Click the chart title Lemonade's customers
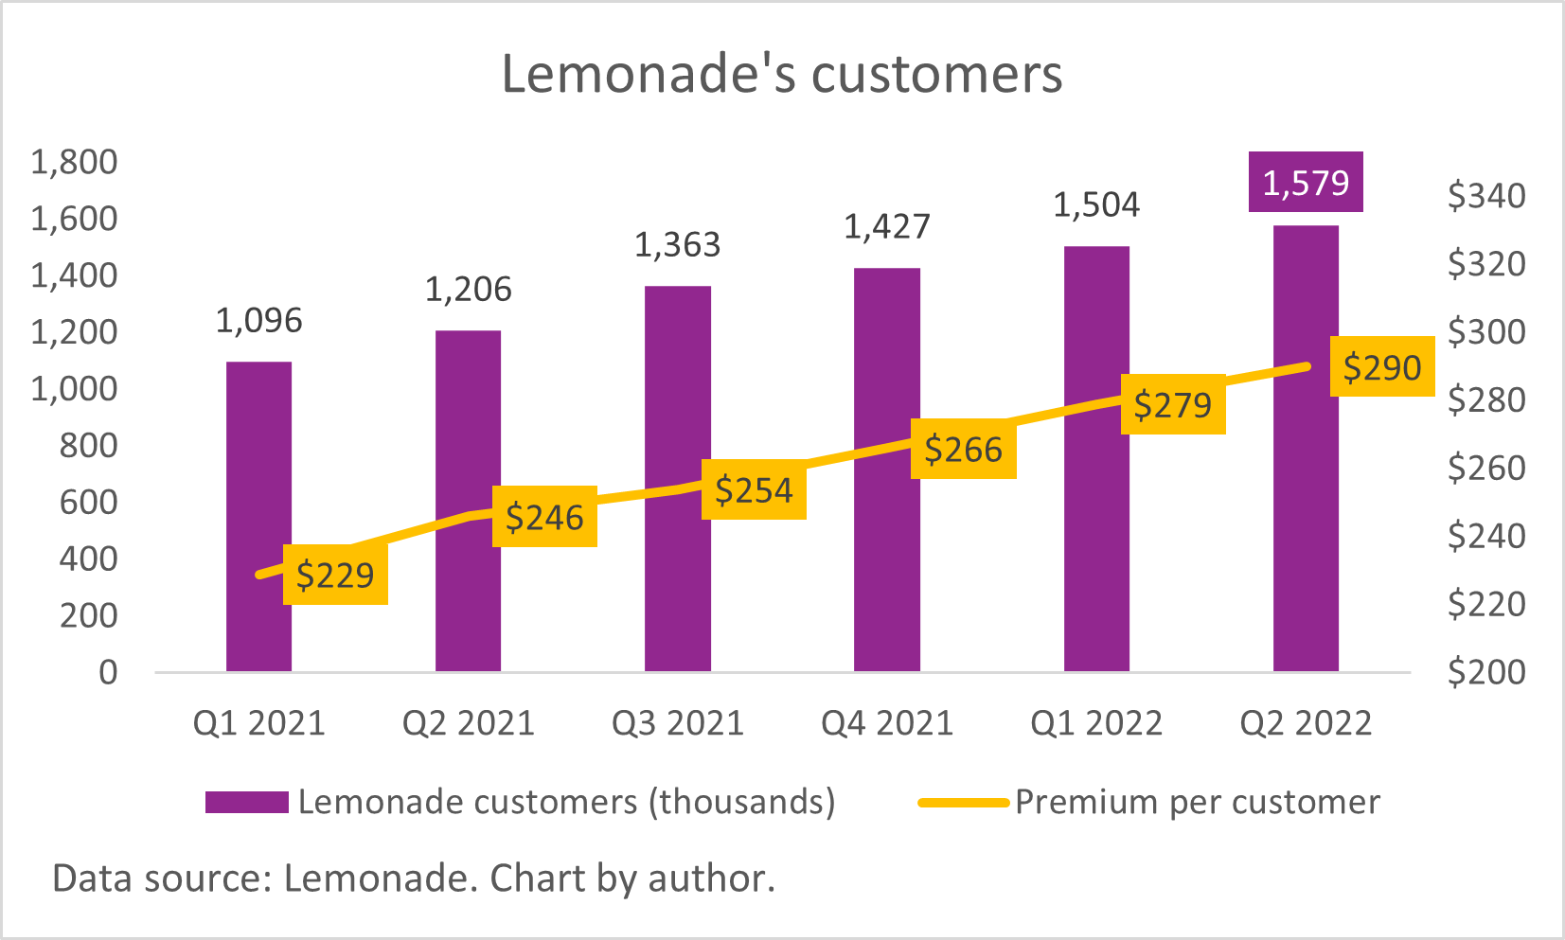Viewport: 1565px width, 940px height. [782, 74]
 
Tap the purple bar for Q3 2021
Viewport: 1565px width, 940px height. [677, 398]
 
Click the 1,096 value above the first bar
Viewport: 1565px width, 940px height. [258, 321]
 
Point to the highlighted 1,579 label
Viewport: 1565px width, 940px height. [1306, 182]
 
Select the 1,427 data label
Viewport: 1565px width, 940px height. [887, 227]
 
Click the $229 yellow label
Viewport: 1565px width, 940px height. [335, 575]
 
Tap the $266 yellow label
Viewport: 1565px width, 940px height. [963, 449]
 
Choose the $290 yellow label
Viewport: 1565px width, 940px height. [1381, 366]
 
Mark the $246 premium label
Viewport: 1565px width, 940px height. [544, 517]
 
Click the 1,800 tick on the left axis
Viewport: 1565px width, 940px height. [74, 162]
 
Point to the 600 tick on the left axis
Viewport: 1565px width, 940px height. [88, 502]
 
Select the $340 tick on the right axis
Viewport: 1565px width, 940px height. [1485, 196]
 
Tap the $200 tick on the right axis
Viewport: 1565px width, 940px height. [1485, 672]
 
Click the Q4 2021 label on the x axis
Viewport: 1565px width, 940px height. [887, 723]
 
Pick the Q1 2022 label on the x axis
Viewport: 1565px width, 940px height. [1096, 723]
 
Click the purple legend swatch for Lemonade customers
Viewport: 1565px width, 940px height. [246, 802]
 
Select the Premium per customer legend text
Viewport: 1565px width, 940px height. [1197, 802]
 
